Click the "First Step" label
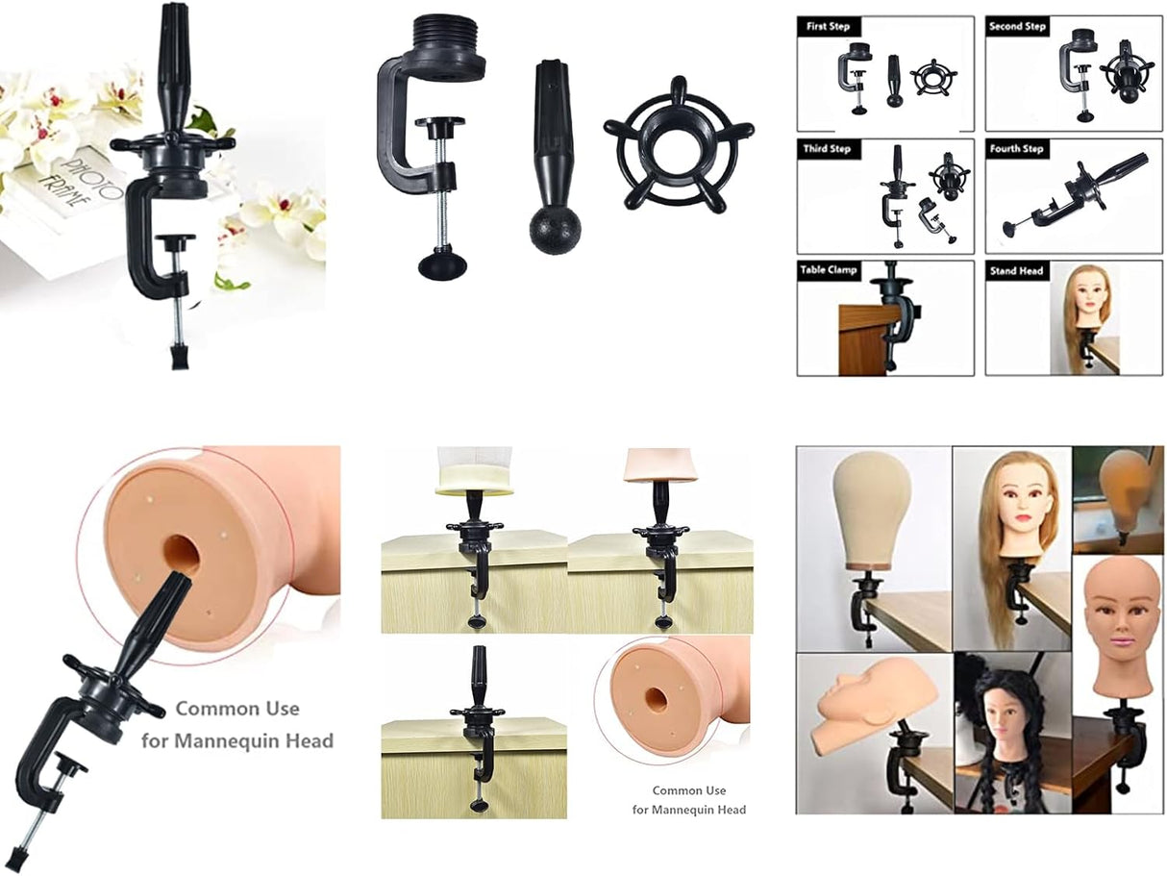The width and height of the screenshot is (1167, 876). [x=828, y=26]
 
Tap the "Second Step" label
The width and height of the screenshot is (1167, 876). [x=1018, y=26]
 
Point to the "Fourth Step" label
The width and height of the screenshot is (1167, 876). [x=1018, y=149]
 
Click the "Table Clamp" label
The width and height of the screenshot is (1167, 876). [x=829, y=270]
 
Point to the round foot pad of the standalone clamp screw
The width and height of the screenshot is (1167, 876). [x=441, y=263]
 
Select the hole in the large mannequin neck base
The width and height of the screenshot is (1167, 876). [x=180, y=554]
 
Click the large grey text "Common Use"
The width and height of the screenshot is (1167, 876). [x=236, y=709]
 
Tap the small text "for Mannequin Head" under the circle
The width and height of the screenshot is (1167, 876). [x=688, y=810]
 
